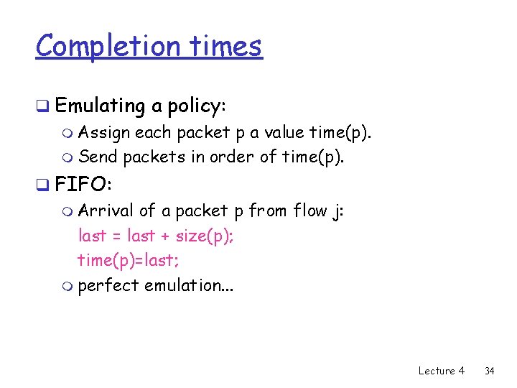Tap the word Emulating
tap(100, 106)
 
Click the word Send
tap(98, 156)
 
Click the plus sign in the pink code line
tap(167, 236)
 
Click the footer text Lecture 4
tap(441, 371)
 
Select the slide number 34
tap(490, 371)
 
